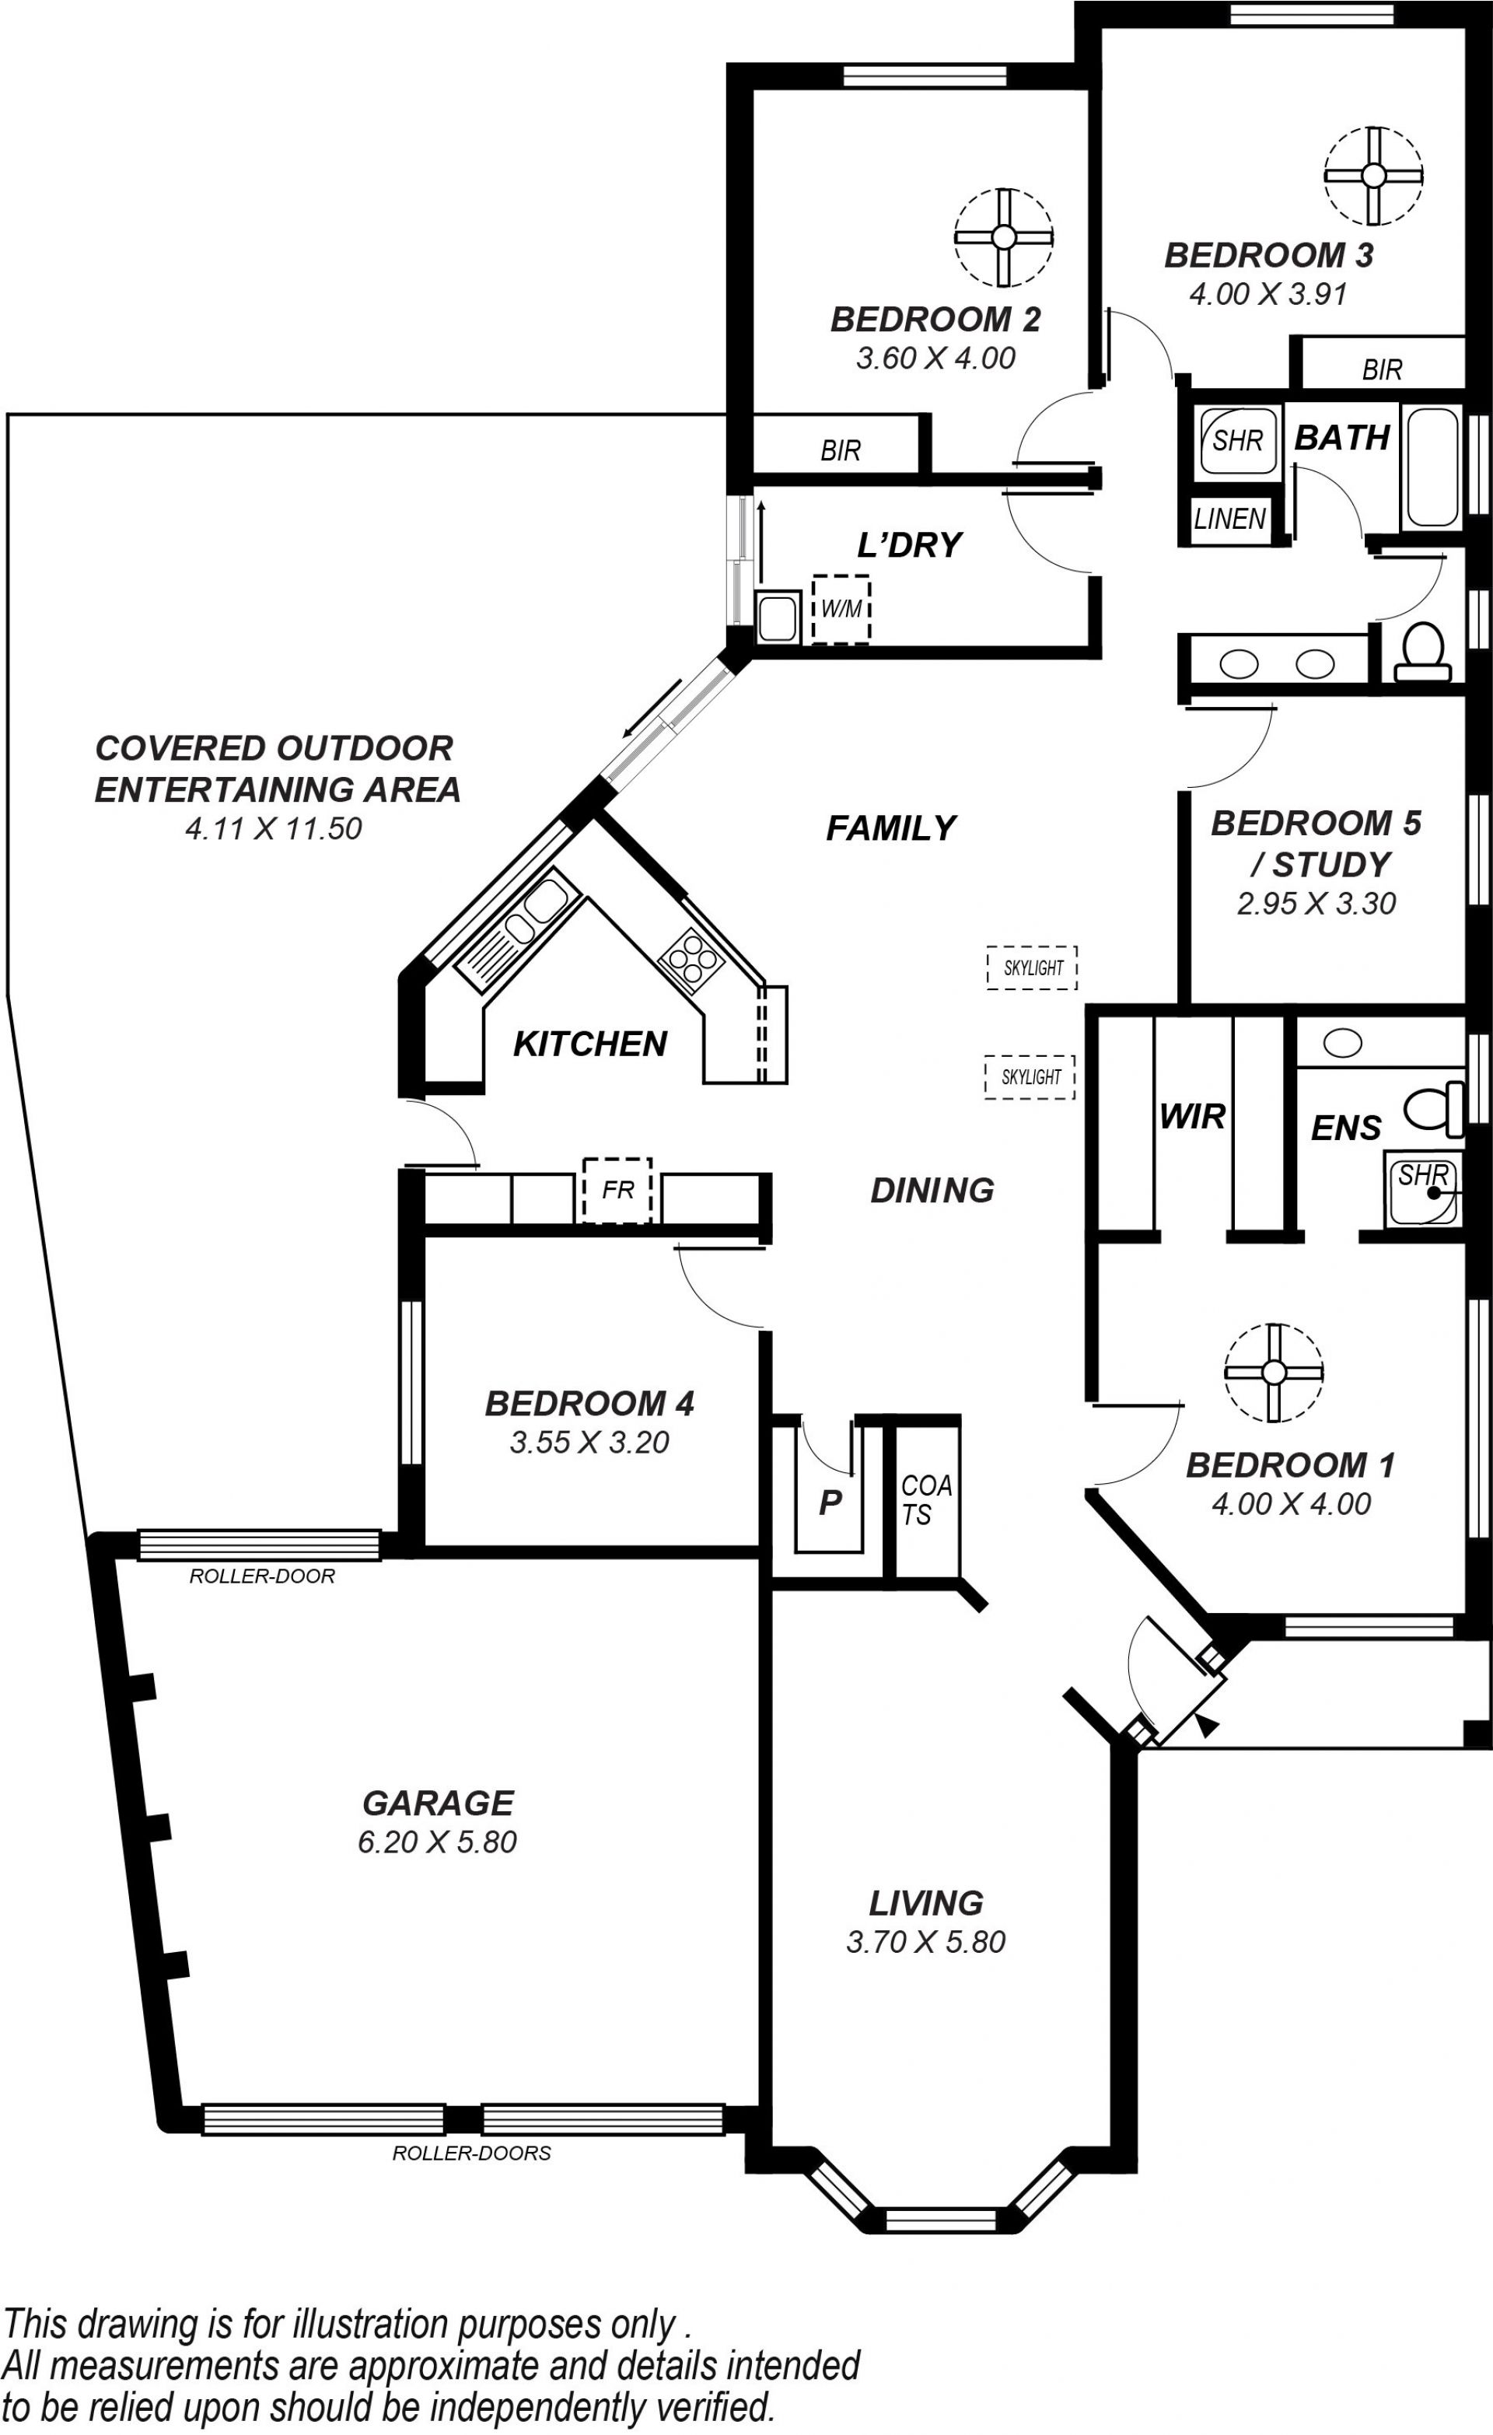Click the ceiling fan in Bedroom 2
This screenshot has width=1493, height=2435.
coord(1003,237)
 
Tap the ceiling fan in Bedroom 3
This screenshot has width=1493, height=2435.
coord(1373,176)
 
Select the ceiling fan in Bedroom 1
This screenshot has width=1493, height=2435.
coord(1273,1373)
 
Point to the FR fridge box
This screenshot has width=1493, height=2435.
coord(617,1190)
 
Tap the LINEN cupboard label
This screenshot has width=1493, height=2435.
coord(1229,519)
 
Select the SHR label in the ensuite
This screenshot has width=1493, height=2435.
coord(1422,1175)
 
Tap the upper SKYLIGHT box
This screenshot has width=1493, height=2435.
coord(1033,967)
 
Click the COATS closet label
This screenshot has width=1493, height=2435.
coord(926,1499)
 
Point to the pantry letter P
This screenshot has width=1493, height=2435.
coord(830,1502)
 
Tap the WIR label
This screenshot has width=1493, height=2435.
coord(1193,1117)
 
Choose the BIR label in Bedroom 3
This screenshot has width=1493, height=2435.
coord(1381,369)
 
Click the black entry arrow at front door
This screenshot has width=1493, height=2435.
coord(1207,1724)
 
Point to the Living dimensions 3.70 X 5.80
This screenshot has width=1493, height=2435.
coord(926,1941)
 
